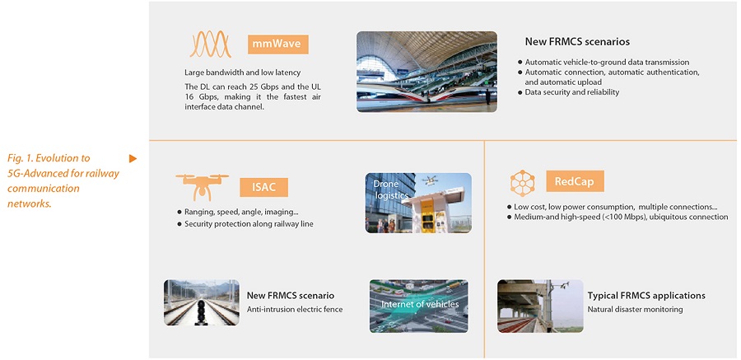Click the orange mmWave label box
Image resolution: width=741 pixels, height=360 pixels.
[x=278, y=45]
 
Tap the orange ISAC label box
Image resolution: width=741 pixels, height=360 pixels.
[x=263, y=187]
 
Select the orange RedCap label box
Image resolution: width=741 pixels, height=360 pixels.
[x=575, y=181]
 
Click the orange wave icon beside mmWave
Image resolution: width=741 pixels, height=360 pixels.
[x=211, y=44]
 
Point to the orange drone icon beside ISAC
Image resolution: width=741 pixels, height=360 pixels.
[x=202, y=186]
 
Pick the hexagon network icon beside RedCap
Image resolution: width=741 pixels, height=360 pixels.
[x=522, y=183]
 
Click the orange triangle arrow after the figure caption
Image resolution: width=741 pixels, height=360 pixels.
[x=133, y=158]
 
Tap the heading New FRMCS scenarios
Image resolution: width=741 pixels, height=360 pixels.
[x=577, y=42]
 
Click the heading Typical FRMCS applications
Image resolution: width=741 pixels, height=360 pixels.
[x=646, y=296]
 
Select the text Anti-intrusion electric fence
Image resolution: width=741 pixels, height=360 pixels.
[x=295, y=310]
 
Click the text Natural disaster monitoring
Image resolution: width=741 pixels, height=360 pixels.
[x=635, y=310]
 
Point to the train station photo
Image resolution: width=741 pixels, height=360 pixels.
[x=426, y=72]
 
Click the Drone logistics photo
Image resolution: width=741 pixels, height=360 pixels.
[x=418, y=203]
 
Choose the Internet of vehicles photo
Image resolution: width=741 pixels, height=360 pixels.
[x=419, y=306]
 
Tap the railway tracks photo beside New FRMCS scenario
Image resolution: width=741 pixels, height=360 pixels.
[x=202, y=302]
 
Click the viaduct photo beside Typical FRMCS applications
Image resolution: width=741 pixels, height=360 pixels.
[x=540, y=306]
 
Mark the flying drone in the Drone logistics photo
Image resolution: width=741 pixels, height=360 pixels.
[x=430, y=180]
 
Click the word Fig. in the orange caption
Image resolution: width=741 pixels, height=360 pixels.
[x=16, y=158]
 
